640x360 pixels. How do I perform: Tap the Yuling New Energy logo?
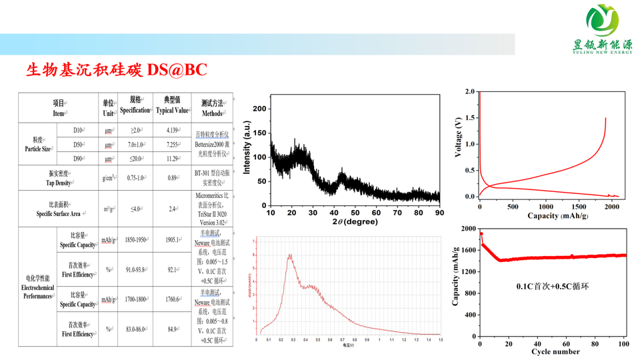coord(602,29)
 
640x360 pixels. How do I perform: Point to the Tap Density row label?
coord(59,178)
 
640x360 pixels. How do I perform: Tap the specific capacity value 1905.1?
coord(173,240)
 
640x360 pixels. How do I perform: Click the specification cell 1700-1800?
coord(135,299)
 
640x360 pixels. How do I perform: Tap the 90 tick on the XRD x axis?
coord(439,213)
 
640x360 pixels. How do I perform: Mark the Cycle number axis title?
coord(555,352)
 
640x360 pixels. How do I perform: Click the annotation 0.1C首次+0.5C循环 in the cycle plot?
coord(553,287)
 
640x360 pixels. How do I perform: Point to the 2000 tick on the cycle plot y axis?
coord(468,229)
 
